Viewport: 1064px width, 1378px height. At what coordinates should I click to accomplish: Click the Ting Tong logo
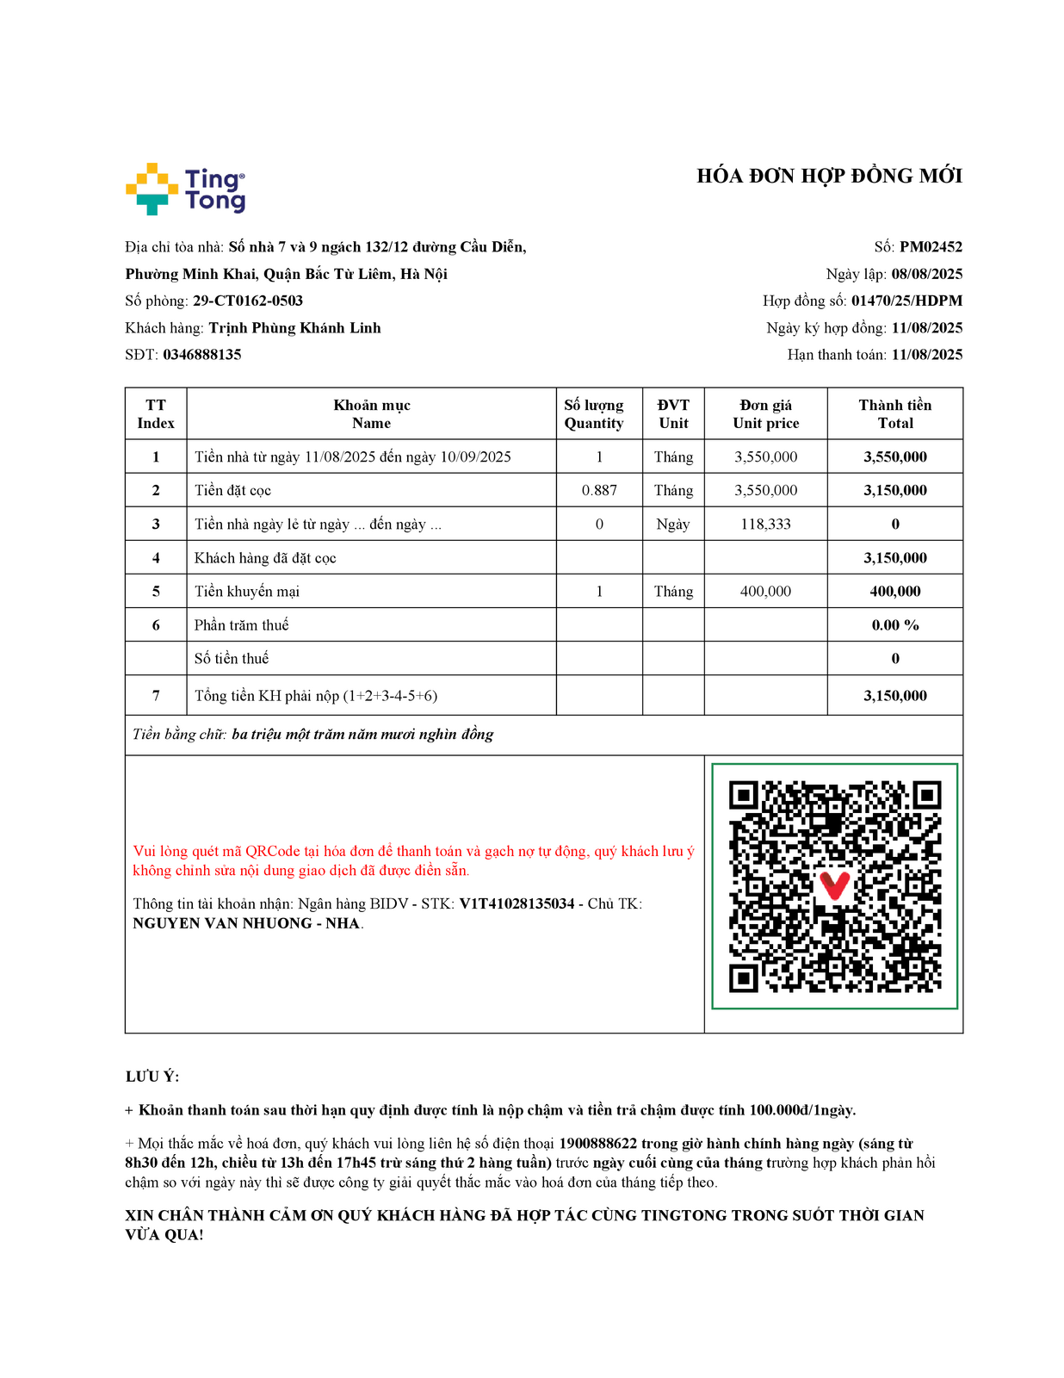(185, 189)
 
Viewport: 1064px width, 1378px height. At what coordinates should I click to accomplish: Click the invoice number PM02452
(931, 247)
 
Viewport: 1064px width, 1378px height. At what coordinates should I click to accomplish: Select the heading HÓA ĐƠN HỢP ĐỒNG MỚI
(829, 177)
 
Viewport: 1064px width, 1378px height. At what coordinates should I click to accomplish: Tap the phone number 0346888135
(202, 355)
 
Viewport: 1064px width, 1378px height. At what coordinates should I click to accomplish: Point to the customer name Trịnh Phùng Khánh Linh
(294, 328)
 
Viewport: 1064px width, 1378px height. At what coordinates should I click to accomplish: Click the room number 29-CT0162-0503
(248, 301)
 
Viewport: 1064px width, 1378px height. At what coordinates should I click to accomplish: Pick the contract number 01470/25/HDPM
(906, 301)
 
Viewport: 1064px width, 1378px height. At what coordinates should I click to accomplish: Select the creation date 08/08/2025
(926, 275)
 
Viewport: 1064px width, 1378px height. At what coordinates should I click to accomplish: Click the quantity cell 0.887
(599, 491)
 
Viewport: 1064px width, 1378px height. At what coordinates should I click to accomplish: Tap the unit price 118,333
(765, 525)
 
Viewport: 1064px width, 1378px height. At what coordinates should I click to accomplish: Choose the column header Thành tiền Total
(894, 414)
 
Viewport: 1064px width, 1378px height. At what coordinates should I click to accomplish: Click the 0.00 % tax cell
(894, 625)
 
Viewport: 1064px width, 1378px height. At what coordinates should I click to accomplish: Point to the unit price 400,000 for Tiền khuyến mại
(765, 592)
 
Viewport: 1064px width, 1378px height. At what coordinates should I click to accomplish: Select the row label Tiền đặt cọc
(232, 491)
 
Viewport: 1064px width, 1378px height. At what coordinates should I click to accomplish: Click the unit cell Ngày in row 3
(672, 525)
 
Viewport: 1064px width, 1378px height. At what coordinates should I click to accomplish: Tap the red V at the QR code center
(833, 885)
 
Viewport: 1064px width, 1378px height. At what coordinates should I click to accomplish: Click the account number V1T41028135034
(517, 904)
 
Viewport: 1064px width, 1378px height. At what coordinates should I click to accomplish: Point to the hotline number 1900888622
(597, 1144)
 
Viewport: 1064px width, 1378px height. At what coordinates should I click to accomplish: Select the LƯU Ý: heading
(152, 1077)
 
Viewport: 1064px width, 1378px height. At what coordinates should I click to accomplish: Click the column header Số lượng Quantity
(594, 414)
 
